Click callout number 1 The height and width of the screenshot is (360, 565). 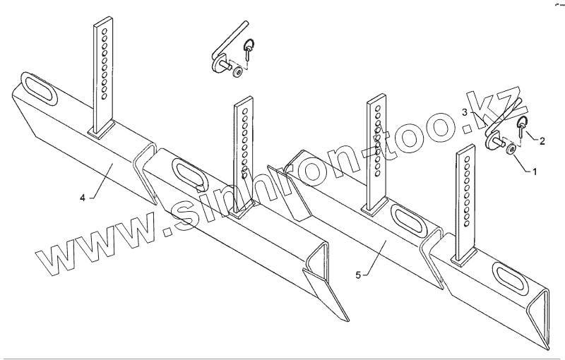tap(534, 172)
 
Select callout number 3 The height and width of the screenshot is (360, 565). tap(465, 112)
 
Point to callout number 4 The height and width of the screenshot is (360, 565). tap(83, 199)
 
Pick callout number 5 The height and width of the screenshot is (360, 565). tap(358, 274)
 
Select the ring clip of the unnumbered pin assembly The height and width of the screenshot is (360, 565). tap(248, 50)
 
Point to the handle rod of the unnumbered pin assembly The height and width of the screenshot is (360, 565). tap(233, 39)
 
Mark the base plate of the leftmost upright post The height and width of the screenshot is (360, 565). tap(103, 130)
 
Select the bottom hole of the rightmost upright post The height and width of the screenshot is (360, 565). tap(467, 224)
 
